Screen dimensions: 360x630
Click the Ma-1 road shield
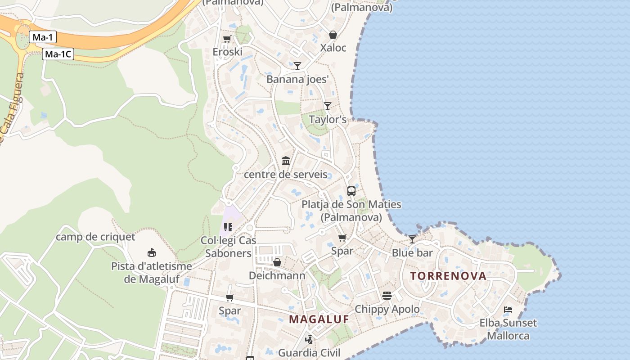point(43,37)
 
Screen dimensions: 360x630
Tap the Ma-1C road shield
point(58,54)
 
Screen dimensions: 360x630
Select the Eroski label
point(227,52)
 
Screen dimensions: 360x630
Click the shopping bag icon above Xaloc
point(333,35)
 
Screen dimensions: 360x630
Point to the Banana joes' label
point(297,79)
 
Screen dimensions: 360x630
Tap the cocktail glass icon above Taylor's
point(328,106)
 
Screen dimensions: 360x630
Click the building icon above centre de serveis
point(286,161)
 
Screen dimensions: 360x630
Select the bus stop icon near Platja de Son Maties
point(351,191)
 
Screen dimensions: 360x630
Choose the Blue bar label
point(412,252)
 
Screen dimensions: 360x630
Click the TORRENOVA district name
point(448,276)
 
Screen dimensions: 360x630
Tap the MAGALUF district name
point(319,319)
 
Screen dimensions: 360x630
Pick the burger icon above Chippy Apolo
point(387,296)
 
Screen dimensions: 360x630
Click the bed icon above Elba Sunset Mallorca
point(508,310)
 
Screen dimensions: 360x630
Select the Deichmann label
point(277,275)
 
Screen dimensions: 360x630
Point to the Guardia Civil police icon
point(309,340)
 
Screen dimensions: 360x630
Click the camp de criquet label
point(95,237)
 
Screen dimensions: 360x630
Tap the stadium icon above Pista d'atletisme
point(152,253)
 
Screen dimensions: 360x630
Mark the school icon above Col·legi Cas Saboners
point(228,227)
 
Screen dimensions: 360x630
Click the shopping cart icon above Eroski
point(227,39)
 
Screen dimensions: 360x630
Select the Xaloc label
point(333,48)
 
